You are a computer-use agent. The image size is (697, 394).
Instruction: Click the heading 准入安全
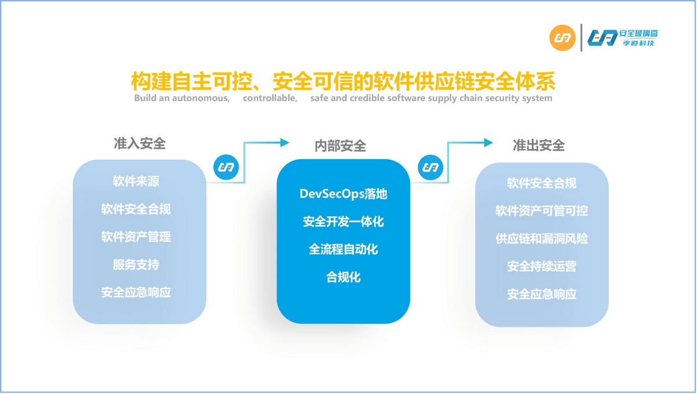coord(139,144)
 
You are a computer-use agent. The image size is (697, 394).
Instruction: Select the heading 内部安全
coord(340,146)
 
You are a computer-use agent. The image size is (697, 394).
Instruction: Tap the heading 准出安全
coord(538,145)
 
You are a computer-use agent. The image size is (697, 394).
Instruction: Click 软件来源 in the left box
coord(136,181)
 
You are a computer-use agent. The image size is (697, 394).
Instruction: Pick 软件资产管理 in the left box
coord(136,237)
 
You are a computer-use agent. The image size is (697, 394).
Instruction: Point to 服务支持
coord(136,265)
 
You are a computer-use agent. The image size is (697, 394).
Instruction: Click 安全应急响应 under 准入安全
coord(136,292)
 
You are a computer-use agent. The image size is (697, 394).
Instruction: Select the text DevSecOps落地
coord(343,194)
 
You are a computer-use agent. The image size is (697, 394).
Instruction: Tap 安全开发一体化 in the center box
coord(343,221)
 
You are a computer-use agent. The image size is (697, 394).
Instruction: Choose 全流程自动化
coord(343,249)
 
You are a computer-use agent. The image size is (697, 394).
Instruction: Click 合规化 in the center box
coord(343,277)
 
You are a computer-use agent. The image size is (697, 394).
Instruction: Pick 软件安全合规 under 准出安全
coord(541,183)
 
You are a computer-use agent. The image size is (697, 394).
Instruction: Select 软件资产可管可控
coord(541,211)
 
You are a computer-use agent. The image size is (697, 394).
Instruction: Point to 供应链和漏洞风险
coord(541,239)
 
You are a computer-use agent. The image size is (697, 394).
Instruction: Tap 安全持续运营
coord(541,267)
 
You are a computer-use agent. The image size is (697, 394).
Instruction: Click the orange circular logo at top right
coord(562,38)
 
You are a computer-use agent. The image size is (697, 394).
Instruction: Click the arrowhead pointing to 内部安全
coord(285,142)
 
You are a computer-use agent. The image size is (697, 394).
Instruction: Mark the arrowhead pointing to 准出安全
coord(488,142)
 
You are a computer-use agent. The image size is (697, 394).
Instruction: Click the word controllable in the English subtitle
coord(270,98)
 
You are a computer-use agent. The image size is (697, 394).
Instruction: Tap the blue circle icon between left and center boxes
coord(226,167)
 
